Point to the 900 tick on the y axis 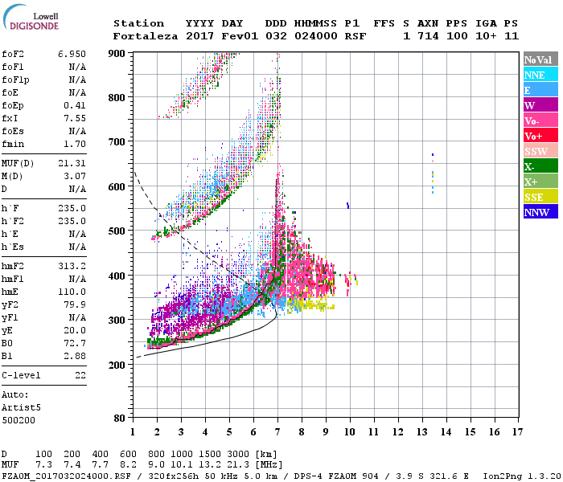118,53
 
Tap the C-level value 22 80,375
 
